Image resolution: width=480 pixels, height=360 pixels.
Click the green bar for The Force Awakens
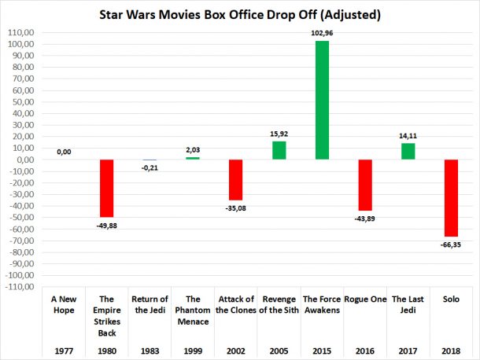pos(321,100)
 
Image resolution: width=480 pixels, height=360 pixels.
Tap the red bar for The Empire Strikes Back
pos(108,188)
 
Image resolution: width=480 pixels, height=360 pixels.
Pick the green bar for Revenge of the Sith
pos(279,150)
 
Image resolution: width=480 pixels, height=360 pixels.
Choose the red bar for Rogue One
pos(364,185)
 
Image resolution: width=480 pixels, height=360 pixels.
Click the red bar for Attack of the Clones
pos(236,179)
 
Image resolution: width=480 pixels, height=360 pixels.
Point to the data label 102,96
pos(321,35)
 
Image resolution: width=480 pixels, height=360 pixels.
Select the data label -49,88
pos(108,225)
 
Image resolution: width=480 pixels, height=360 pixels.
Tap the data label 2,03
pos(194,150)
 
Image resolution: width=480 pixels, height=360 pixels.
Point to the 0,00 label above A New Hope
pos(65,152)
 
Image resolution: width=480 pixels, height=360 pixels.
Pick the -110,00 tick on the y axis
pos(19,286)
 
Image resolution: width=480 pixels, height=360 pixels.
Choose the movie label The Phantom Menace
pos(194,310)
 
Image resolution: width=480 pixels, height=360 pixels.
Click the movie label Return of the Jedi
pos(150,304)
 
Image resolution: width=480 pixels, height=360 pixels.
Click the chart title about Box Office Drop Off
pos(239,13)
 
